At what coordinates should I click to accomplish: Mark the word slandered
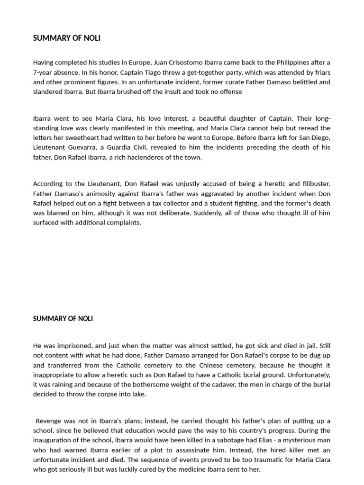coord(48,91)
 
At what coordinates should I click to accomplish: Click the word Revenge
coord(49,421)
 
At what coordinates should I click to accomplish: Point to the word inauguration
coord(54,440)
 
